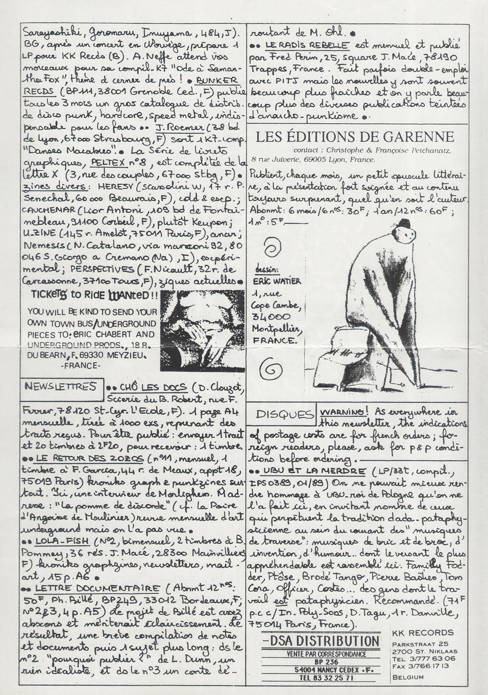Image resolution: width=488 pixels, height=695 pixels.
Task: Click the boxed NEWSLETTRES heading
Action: point(60,386)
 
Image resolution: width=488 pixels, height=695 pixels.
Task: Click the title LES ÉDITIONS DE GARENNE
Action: point(355,137)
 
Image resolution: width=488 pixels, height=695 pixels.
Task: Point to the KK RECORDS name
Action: point(423,633)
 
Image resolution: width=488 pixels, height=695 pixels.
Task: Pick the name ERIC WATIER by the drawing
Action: point(276,281)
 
